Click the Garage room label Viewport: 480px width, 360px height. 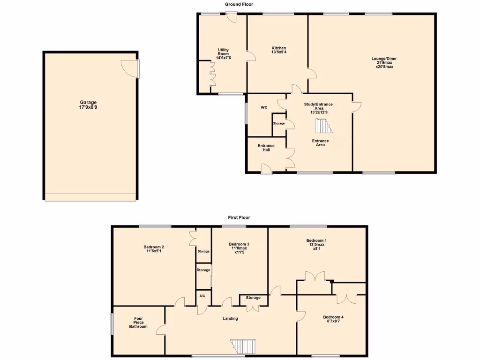[88, 105]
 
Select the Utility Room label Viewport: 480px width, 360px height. [223, 53]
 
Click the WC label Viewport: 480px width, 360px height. [264, 107]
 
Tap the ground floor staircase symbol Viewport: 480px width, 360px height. [322, 127]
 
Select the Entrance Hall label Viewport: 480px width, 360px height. [266, 148]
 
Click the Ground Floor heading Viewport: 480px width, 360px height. [239, 4]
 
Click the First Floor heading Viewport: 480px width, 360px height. [239, 217]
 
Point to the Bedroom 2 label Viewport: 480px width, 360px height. [154, 249]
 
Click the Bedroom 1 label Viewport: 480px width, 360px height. [317, 244]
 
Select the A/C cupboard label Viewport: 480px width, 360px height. [202, 296]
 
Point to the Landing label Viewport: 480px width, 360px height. [230, 319]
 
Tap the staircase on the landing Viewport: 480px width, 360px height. [244, 347]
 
